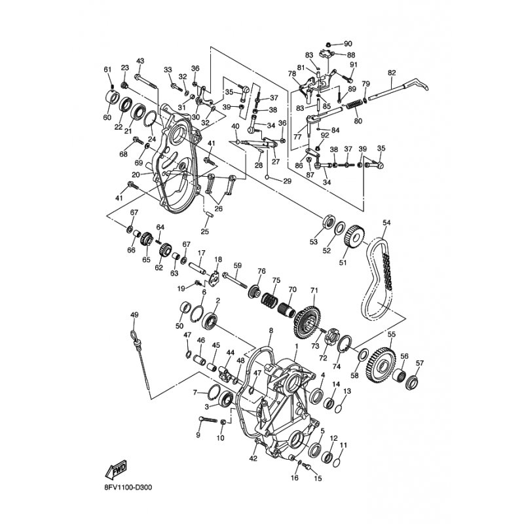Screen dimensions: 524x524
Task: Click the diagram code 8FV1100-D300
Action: tap(128, 487)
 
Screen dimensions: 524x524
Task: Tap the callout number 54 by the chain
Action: tap(386, 223)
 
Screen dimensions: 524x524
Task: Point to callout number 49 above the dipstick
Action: tap(134, 315)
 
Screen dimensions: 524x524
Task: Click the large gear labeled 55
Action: tap(381, 365)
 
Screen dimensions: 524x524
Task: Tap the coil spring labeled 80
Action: tap(354, 104)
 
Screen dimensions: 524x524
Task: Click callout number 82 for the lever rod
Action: tap(392, 73)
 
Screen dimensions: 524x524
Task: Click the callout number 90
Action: tap(348, 44)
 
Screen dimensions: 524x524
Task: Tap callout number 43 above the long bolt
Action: tap(140, 61)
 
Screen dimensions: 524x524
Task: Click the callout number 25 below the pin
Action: tap(204, 231)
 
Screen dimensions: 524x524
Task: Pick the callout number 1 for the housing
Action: tap(296, 346)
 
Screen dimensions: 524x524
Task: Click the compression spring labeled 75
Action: tap(269, 299)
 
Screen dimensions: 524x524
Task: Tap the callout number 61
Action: tap(107, 69)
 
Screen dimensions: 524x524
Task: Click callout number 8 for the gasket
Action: tap(271, 330)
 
